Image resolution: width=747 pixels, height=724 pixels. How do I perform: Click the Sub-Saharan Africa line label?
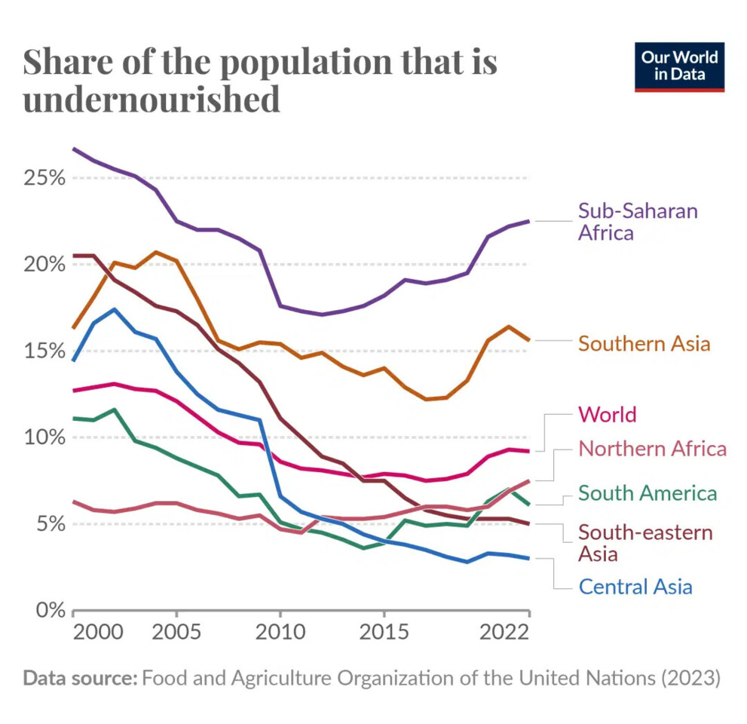coord(638,221)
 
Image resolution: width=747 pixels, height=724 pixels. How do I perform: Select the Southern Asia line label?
coord(644,344)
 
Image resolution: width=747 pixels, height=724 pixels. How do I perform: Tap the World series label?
coord(607,414)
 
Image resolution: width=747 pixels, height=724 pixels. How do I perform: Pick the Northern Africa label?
coord(652,449)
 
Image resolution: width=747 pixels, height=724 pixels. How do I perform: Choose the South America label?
coord(647,493)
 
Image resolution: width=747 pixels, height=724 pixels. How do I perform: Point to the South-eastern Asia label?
coord(644,543)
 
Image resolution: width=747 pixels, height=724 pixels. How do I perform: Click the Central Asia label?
coord(635,586)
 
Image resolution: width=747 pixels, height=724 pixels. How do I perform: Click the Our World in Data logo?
coord(679,66)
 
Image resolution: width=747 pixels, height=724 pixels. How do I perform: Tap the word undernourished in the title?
coord(152,100)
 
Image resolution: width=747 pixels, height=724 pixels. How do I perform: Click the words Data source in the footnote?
coord(79,678)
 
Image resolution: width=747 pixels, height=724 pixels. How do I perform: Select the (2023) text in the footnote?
coord(690,678)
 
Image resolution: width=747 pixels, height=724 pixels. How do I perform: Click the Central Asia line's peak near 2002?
coord(114,309)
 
